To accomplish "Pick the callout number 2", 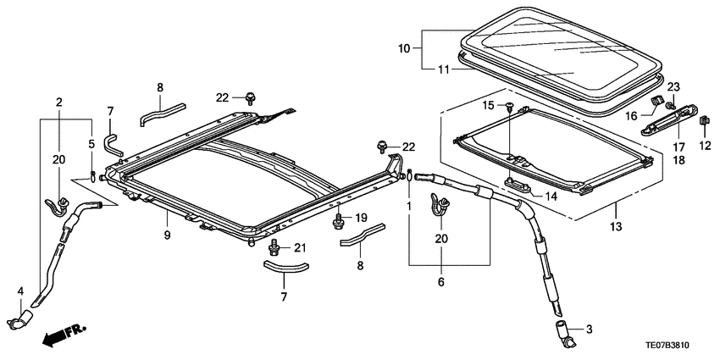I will tap(58, 102).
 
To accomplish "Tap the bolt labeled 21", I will tap(274, 247).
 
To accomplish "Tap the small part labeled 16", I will tap(656, 103).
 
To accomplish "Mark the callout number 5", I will tap(91, 144).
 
